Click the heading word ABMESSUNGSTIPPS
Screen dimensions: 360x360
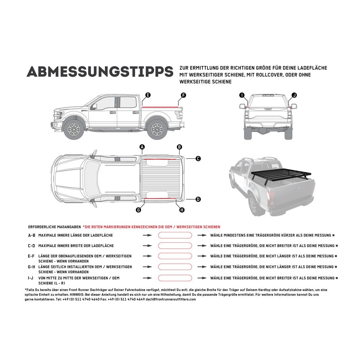[x=100, y=72]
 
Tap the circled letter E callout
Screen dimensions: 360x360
[x=148, y=95]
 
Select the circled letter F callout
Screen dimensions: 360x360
[x=183, y=95]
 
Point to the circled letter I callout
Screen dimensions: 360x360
[x=242, y=95]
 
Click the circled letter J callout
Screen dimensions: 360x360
[x=294, y=95]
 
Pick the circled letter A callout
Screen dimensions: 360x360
[x=142, y=147]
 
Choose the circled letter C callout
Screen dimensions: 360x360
[x=198, y=159]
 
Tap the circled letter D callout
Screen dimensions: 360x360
[x=198, y=199]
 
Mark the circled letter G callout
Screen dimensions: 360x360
[x=138, y=210]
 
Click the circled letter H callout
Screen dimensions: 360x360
[x=182, y=210]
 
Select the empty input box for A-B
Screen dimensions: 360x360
[x=175, y=235]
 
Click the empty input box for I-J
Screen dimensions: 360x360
[x=175, y=278]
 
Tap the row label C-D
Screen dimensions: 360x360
[x=31, y=246]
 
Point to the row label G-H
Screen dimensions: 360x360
[x=31, y=267]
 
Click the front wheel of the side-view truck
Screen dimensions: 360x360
[x=74, y=129]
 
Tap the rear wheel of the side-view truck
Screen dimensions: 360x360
[x=157, y=129]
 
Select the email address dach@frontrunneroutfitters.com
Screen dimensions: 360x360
[x=171, y=299]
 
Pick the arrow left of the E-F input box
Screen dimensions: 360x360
[x=147, y=256]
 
